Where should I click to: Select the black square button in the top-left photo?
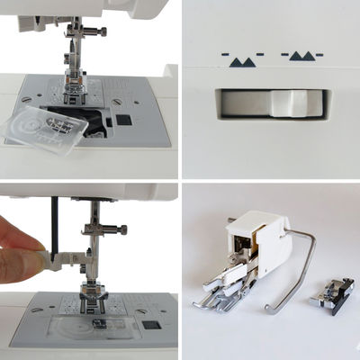124,119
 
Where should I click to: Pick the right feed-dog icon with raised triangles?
301,58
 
